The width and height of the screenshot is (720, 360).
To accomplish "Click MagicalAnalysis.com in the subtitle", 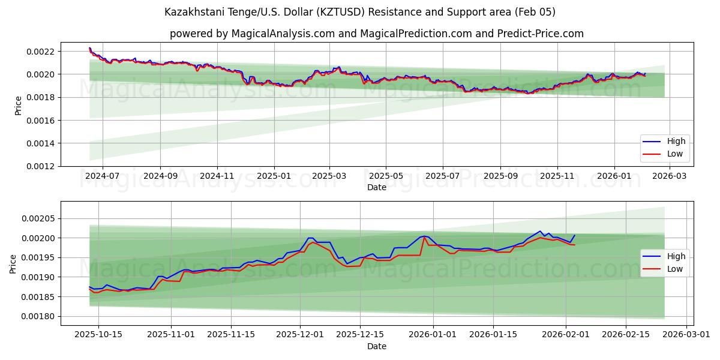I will (x=286, y=34).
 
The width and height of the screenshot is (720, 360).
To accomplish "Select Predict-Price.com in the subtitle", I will (x=541, y=34).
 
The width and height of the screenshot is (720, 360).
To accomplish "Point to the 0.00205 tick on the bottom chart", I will (x=38, y=219).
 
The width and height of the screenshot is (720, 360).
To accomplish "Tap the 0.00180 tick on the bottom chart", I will (x=38, y=316).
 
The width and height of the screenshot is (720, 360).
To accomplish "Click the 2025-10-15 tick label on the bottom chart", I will (x=98, y=334).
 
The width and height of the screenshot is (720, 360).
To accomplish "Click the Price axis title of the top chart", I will (x=19, y=105).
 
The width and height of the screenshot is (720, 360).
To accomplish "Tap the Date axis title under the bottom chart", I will (x=377, y=346).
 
